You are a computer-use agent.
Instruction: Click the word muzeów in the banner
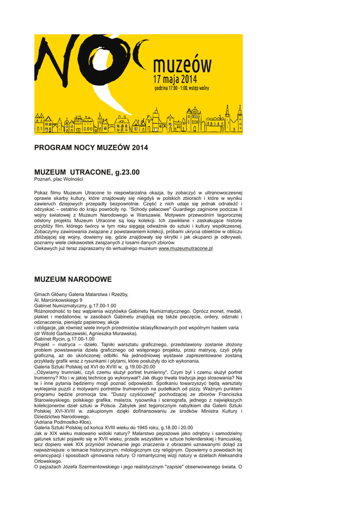click(x=182, y=64)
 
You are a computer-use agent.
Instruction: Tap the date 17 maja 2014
click(x=175, y=79)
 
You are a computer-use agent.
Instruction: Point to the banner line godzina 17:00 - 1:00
click(x=181, y=88)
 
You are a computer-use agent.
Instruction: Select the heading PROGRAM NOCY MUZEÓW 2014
click(x=91, y=148)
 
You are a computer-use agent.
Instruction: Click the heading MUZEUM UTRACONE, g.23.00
click(x=87, y=172)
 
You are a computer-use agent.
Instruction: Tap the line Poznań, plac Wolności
click(x=59, y=179)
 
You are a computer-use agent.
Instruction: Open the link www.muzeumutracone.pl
click(x=185, y=249)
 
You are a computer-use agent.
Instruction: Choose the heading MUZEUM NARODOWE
click(x=73, y=280)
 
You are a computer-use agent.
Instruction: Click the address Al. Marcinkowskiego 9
click(x=58, y=300)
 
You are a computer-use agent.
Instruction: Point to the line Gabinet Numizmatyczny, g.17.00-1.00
click(x=75, y=306)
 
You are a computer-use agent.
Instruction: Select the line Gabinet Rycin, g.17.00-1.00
click(x=64, y=339)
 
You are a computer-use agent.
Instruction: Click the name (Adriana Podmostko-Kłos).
click(x=63, y=422)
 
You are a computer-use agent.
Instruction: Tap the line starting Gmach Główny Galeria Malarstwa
click(x=81, y=294)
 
